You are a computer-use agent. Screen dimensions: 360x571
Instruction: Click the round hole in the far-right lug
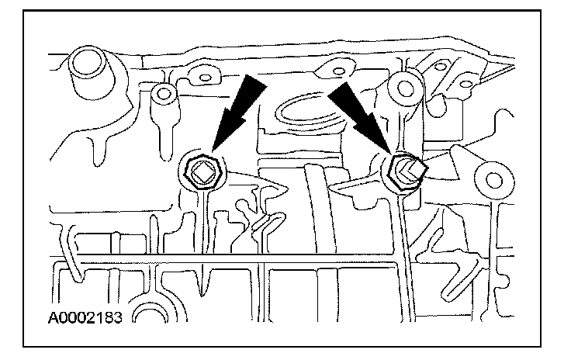click(x=490, y=180)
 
